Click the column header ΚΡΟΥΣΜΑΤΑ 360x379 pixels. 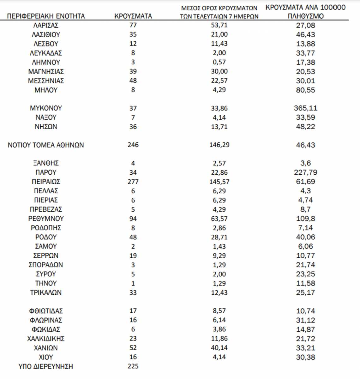(133, 16)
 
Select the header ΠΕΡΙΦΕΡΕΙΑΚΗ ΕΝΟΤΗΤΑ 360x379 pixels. (46, 16)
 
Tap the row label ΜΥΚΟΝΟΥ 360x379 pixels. (46, 108)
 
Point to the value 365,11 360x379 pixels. (305, 108)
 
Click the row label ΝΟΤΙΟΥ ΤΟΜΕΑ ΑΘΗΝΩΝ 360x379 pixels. (46, 145)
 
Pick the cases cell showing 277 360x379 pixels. (133, 182)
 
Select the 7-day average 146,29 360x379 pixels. (219, 145)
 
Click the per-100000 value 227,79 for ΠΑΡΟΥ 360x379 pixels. (305, 173)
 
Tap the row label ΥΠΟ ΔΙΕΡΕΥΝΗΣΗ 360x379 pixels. (46, 367)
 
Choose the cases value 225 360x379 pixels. (133, 366)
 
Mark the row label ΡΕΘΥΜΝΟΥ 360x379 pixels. (46, 219)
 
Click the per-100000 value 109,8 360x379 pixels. (305, 219)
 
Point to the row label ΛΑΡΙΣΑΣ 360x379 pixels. (46, 26)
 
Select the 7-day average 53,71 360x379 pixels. (219, 26)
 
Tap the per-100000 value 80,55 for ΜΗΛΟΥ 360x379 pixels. (305, 90)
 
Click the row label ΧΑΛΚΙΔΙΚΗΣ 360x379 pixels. (46, 339)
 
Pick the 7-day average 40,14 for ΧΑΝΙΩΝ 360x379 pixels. (219, 348)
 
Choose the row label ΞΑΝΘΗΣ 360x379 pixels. (46, 164)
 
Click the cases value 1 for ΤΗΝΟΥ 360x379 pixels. (133, 284)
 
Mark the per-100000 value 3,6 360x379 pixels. (305, 164)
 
